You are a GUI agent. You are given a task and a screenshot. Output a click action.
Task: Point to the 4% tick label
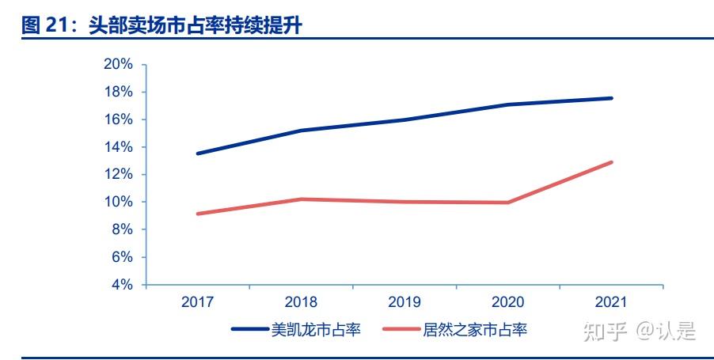120,285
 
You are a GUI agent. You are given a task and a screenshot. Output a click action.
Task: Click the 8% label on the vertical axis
120,229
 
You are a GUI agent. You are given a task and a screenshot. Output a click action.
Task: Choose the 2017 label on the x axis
197,302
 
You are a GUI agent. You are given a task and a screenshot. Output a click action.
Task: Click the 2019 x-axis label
404,302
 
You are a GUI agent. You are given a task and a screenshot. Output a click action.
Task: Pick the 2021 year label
610,302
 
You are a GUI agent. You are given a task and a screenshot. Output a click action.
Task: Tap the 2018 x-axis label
301,302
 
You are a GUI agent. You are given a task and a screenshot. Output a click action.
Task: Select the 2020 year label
507,302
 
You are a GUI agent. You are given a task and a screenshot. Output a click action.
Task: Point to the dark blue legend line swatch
250,329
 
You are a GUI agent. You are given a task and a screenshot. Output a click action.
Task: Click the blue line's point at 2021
611,98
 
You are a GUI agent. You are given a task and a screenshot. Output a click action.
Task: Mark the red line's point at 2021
611,162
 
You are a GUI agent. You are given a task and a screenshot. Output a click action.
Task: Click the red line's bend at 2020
507,203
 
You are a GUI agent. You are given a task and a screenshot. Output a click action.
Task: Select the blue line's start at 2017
198,153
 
